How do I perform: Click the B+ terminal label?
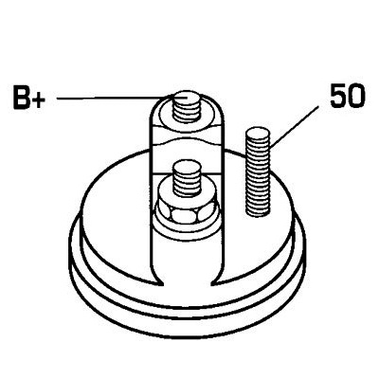(29, 97)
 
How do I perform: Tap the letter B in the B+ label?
(22, 97)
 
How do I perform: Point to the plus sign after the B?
(39, 99)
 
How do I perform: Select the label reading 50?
(348, 96)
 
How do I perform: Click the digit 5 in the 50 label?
(337, 96)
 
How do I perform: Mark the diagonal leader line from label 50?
(295, 127)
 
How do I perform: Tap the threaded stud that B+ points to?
(187, 106)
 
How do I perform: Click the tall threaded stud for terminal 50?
(258, 171)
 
